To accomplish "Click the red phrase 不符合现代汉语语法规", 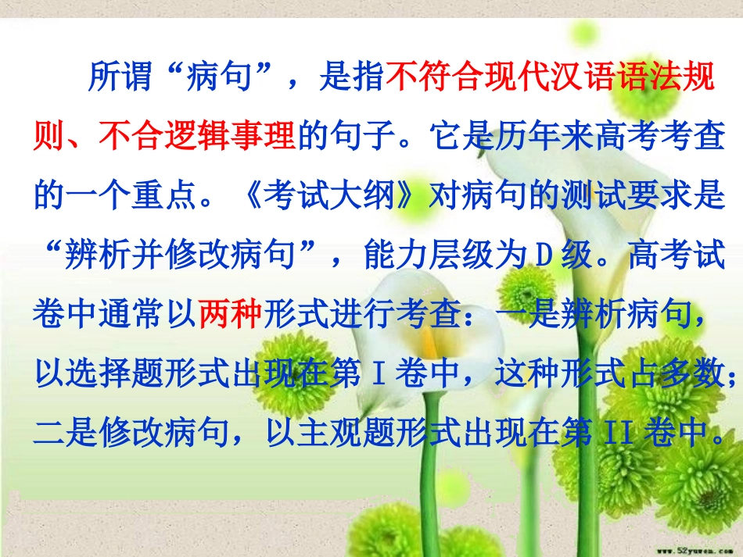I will coord(551,77).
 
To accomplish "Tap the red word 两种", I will coord(231,315).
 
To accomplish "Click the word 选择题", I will coord(133,375).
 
